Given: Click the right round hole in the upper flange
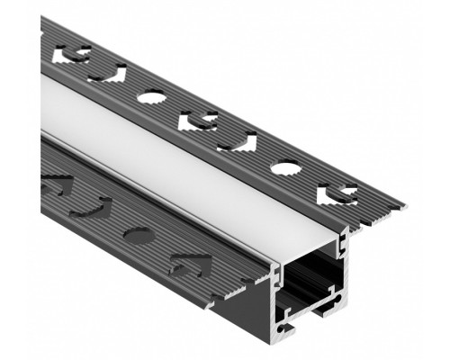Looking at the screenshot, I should click(x=286, y=168).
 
